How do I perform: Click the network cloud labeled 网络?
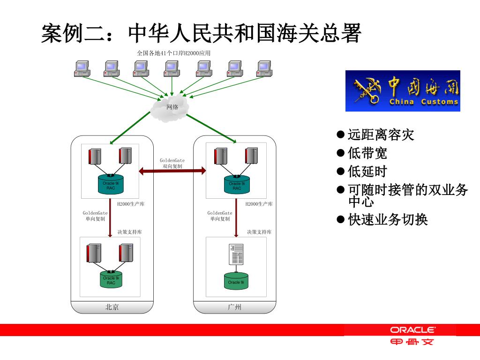click(x=171, y=107)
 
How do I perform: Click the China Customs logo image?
click(x=403, y=91)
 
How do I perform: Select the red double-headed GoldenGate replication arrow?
click(x=172, y=171)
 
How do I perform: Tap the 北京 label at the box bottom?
click(x=112, y=307)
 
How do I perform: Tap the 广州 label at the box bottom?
click(x=234, y=307)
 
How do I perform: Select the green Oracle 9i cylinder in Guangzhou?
click(x=236, y=280)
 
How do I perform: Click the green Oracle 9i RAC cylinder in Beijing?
click(x=111, y=279)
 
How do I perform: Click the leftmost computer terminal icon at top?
click(x=82, y=68)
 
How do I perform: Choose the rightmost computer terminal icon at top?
click(x=264, y=68)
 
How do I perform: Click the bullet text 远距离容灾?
click(x=381, y=135)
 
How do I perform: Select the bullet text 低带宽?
click(x=367, y=153)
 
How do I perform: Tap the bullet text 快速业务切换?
click(x=388, y=219)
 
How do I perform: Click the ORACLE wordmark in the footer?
click(x=412, y=330)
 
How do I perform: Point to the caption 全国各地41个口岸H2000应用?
click(x=173, y=53)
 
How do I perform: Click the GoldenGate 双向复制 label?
click(x=172, y=163)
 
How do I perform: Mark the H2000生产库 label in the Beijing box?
click(x=131, y=204)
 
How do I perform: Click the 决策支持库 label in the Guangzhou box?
click(x=259, y=232)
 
